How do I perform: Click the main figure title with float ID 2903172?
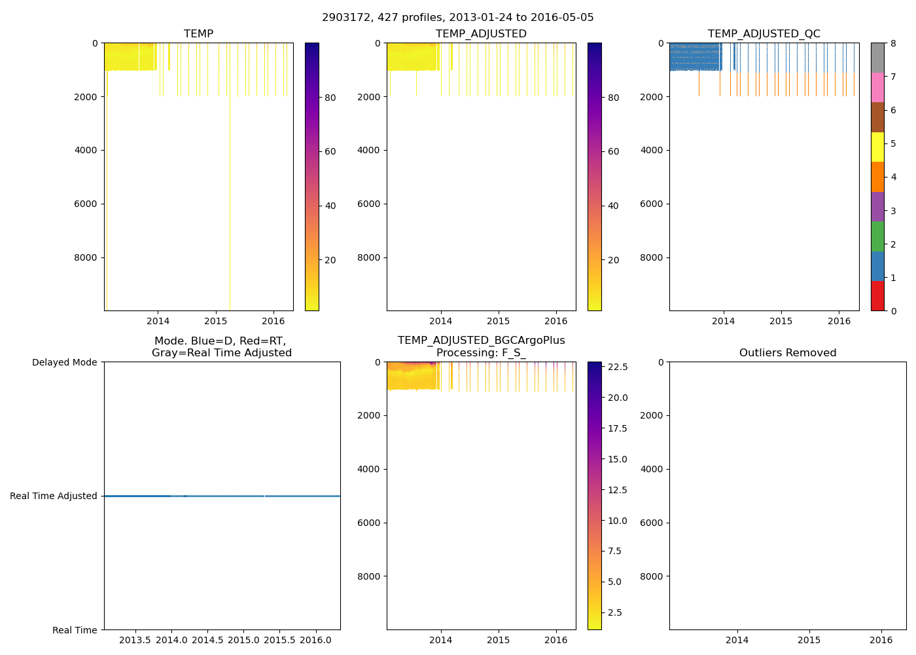457,18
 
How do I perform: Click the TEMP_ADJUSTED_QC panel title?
764,34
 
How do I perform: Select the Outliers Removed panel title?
787,353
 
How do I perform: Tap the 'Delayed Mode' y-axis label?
64,362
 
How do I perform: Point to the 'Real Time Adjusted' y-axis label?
54,496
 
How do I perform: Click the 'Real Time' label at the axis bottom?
75,630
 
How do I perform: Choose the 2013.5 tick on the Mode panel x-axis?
135,639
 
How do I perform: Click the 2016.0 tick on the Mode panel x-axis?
316,639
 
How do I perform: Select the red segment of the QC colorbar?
877,295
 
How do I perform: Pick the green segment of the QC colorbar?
877,236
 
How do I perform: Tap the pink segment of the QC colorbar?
877,87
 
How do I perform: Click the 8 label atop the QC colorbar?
893,43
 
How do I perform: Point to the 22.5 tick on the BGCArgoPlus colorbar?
618,367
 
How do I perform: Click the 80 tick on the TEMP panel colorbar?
330,98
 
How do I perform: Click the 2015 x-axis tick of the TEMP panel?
215,321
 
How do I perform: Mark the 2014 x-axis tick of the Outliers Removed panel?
737,639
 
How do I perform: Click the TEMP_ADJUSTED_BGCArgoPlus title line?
481,341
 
